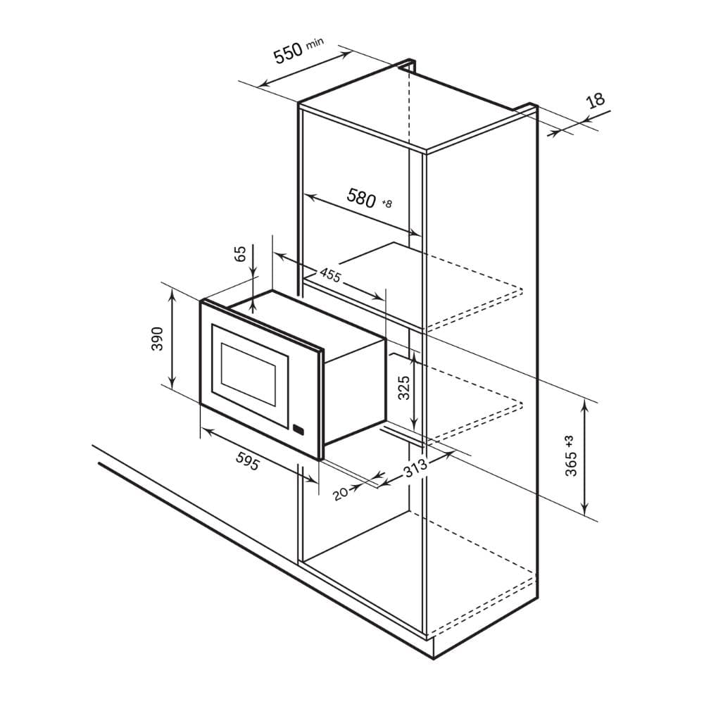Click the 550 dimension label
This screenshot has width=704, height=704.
pos(288,54)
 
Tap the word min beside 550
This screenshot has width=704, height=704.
pos(315,43)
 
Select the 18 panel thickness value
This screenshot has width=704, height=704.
pos(596,100)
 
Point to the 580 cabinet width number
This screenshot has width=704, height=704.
pos(361,198)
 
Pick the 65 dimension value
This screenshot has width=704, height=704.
pos(241,253)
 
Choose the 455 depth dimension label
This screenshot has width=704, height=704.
pos(330,275)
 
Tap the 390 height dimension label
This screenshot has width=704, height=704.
pos(157,339)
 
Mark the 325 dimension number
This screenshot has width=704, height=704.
pos(404,387)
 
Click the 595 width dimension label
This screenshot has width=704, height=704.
pos(247,460)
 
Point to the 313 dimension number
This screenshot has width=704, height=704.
pos(415,468)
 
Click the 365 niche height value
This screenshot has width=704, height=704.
pos(571,464)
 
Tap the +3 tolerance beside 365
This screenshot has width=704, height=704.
pos(570,441)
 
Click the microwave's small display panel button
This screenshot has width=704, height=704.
pos(298,429)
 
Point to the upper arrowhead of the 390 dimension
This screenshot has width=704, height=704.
pos(172,294)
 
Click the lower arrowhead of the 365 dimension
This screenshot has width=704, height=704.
pos(584,510)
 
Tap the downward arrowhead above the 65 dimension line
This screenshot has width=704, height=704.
pos(253,271)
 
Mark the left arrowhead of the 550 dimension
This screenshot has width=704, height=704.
pos(264,83)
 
